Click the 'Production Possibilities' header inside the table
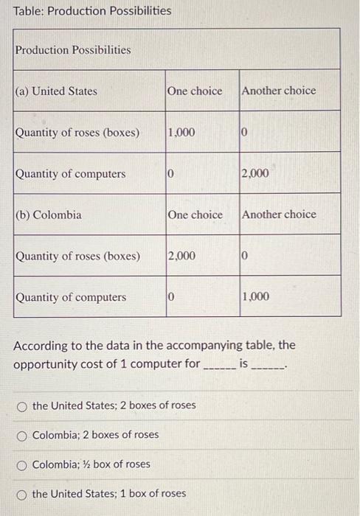(73, 50)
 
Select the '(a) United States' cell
(56, 91)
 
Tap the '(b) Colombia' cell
(49, 215)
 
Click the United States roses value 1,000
(181, 133)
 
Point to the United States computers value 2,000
(255, 174)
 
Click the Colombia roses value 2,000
(181, 257)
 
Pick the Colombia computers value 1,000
(255, 298)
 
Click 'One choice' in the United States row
(195, 91)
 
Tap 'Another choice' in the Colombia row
(279, 215)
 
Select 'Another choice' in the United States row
(279, 91)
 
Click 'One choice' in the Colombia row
(195, 215)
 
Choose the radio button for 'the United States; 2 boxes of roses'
(23, 405)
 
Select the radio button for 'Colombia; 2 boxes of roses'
(23, 435)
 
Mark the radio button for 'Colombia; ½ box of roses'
(23, 464)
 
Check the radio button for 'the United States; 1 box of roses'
(23, 494)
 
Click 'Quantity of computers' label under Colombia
(71, 298)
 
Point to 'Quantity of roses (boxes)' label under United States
(77, 133)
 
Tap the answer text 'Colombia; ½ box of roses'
(91, 464)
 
